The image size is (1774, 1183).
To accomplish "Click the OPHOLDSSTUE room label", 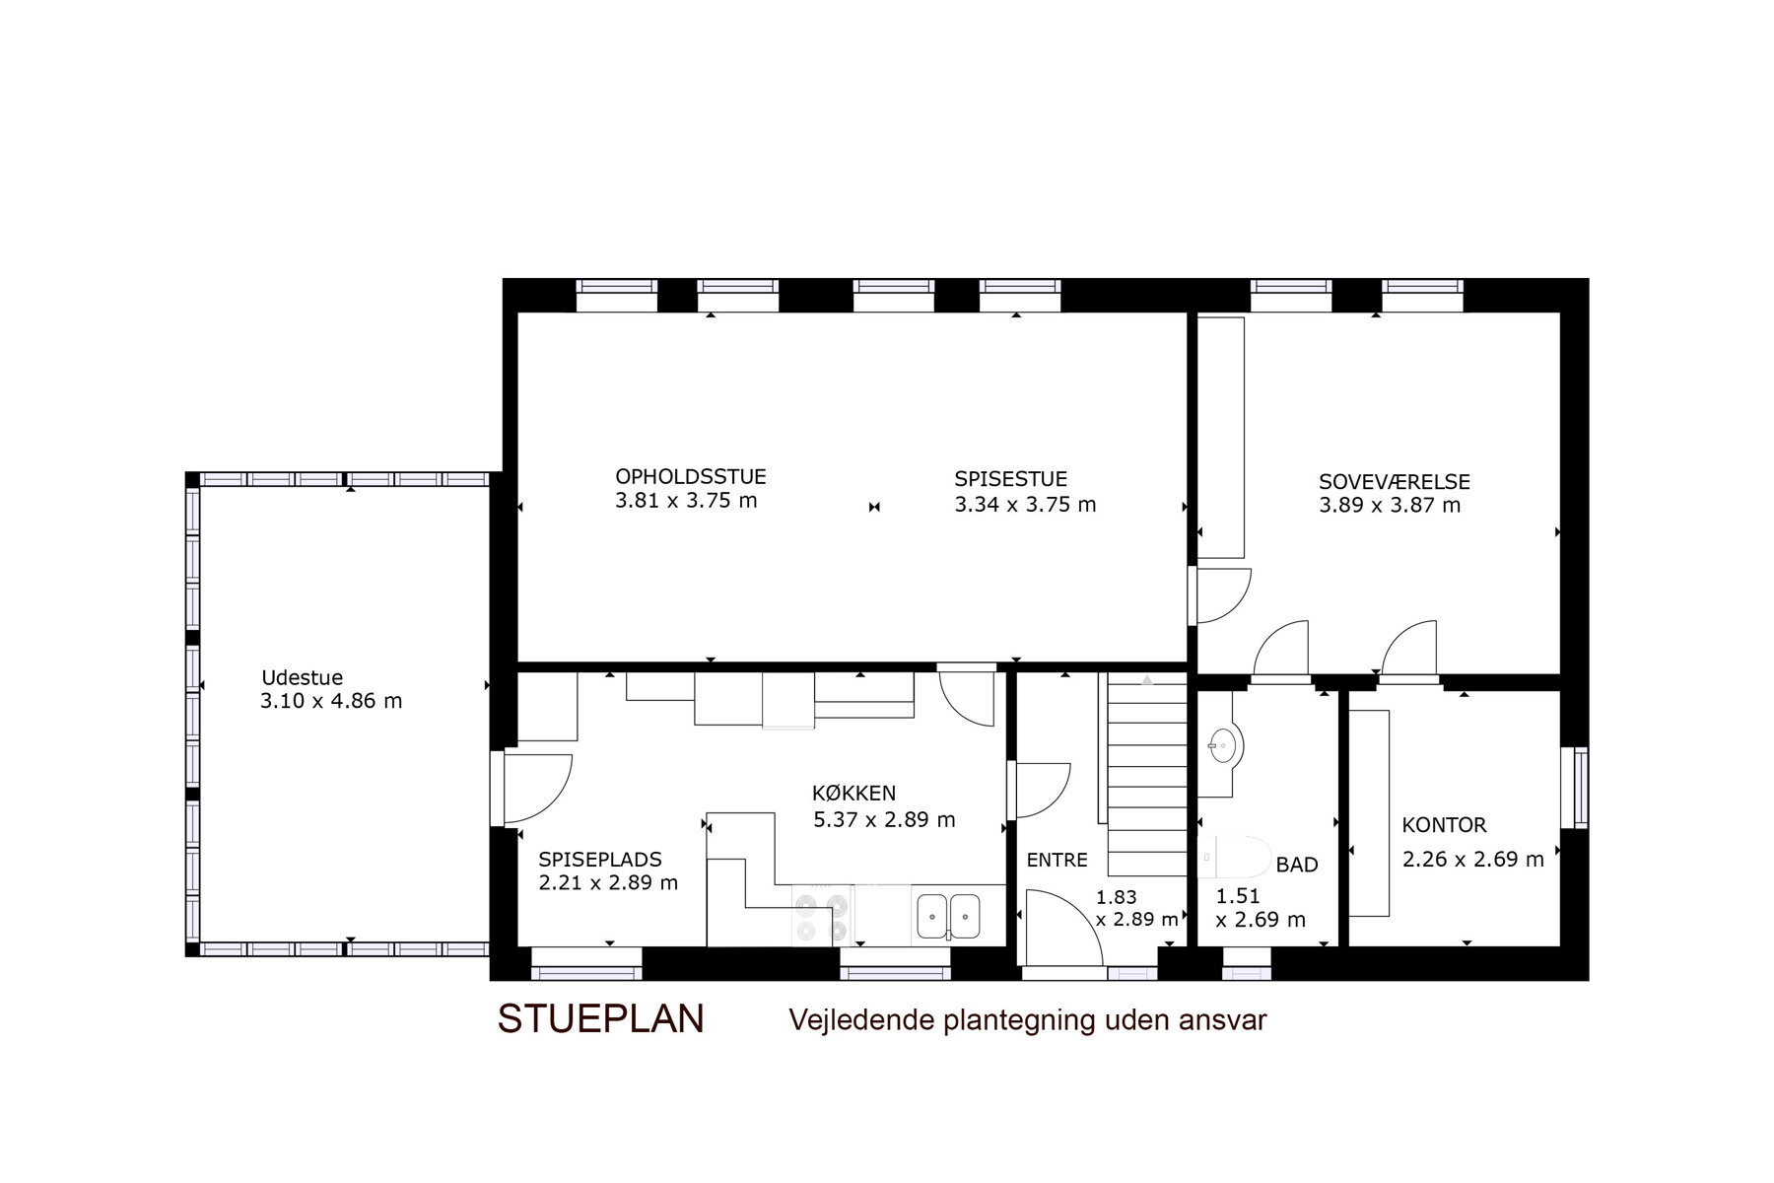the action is tap(690, 477).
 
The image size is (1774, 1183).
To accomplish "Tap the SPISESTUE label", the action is tap(1010, 480).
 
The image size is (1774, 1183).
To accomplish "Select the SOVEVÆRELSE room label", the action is tap(1395, 482).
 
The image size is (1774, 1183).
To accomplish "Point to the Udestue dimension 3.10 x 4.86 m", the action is tap(331, 702).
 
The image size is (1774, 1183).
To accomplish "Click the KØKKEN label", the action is tap(854, 794).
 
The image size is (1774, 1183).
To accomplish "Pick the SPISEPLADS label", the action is tap(600, 860).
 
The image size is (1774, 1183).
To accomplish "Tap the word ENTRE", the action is tap(1057, 861).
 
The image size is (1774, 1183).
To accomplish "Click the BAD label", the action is tap(1297, 866).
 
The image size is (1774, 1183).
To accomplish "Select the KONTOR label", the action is tap(1444, 825).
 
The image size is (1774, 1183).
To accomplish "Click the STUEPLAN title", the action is tap(601, 1019).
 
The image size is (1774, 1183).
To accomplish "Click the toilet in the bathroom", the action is tap(1234, 857).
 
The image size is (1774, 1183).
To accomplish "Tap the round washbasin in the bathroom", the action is tap(1223, 745).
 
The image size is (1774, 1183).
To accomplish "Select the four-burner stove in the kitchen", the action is tap(823, 917).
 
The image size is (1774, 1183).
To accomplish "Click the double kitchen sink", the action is tap(948, 917).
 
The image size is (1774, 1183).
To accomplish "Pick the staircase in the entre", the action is tap(1147, 775).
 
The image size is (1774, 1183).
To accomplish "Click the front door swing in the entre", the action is tap(1064, 928).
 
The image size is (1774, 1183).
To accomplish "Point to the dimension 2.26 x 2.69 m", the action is tap(1473, 860).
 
